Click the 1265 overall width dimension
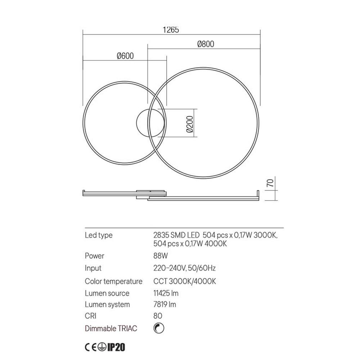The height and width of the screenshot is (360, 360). [171, 30]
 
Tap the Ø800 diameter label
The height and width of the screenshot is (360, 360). [206, 44]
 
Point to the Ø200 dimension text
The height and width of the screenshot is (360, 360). [190, 125]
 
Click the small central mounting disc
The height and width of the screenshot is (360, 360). [143, 122]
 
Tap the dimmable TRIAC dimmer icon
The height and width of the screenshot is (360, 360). [158, 328]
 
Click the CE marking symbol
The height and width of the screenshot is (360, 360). [91, 347]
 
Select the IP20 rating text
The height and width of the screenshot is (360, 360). [116, 347]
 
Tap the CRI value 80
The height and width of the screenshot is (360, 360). [157, 316]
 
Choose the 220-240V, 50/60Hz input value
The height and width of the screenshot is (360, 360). [184, 268]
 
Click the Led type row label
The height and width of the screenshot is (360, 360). [99, 235]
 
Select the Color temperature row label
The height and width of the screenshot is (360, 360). [113, 281]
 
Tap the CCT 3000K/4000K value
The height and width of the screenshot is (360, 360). [184, 281]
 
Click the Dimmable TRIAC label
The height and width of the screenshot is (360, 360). [111, 328]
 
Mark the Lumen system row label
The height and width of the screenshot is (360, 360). [107, 305]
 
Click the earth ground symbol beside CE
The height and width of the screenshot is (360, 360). [102, 347]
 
